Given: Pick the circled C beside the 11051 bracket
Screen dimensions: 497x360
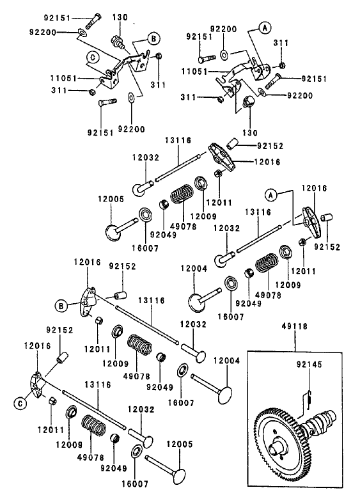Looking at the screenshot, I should pos(94,57).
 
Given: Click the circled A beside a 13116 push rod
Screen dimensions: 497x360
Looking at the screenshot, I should pos(271,193).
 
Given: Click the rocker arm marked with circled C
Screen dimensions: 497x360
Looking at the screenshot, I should pos(36,384).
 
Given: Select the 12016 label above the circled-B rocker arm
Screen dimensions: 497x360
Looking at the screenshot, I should pos(84,262).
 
